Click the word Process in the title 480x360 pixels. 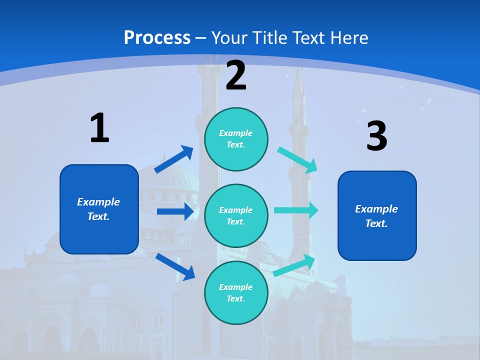coord(157,38)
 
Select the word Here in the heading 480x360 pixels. coord(348,38)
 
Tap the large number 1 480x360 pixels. coord(99,128)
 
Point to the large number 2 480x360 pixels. coord(236,75)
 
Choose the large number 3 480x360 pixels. coord(376,136)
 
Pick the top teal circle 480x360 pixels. coord(236,139)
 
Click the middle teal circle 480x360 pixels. coord(236,216)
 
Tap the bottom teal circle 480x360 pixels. coord(236,293)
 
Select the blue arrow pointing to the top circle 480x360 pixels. coord(173,159)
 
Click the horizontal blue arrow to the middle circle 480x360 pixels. coord(175,211)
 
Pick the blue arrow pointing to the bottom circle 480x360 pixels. coord(175,266)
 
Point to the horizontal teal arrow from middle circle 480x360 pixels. coord(296,210)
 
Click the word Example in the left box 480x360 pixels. coord(98,202)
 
